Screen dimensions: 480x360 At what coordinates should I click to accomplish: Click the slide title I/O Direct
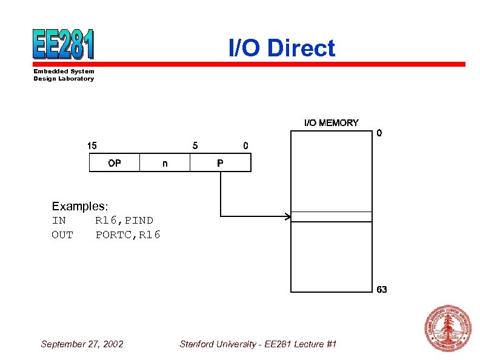[281, 48]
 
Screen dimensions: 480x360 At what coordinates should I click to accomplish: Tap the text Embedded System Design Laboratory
[64, 75]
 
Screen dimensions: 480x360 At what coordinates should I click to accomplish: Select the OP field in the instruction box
[114, 163]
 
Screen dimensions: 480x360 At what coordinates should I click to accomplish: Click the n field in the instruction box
[165, 163]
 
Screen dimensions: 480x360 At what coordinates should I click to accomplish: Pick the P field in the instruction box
[220, 163]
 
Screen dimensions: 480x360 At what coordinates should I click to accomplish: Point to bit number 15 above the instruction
[92, 145]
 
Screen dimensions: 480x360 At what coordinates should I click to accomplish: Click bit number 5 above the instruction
[195, 145]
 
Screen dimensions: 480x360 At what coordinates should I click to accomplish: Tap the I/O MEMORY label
[331, 123]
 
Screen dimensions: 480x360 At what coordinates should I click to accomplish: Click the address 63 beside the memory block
[381, 290]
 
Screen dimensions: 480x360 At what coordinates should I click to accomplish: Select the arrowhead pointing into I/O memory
[287, 216]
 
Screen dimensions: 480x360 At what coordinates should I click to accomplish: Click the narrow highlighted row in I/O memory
[331, 216]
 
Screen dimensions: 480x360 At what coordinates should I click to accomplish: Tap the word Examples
[80, 207]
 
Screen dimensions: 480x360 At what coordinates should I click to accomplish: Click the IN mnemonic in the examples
[59, 220]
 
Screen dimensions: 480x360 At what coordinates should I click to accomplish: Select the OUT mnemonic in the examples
[62, 235]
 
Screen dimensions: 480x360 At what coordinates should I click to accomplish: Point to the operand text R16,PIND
[124, 220]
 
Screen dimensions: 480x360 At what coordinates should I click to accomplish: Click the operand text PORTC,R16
[128, 235]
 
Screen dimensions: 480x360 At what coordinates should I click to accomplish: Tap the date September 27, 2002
[82, 344]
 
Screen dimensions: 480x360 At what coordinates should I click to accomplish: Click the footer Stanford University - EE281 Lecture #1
[258, 344]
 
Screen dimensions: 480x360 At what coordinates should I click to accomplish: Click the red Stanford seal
[448, 328]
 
